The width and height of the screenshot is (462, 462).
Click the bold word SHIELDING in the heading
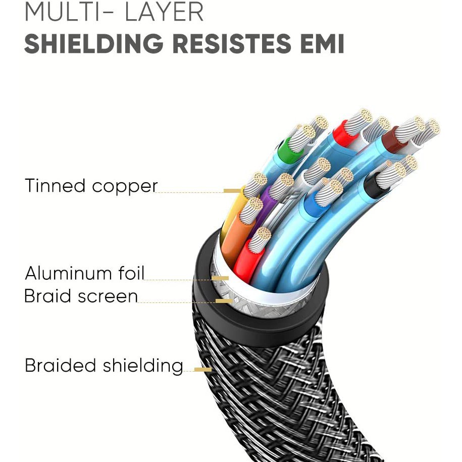click(93, 44)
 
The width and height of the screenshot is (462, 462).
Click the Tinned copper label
click(91, 186)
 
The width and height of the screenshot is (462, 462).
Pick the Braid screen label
click(81, 296)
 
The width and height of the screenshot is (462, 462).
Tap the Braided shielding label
click(104, 365)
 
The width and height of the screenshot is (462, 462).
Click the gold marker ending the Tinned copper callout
click(232, 191)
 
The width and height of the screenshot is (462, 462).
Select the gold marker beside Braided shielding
click(202, 370)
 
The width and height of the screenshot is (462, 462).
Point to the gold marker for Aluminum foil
click(220, 278)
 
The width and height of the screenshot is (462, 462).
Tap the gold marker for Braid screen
click(224, 301)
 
